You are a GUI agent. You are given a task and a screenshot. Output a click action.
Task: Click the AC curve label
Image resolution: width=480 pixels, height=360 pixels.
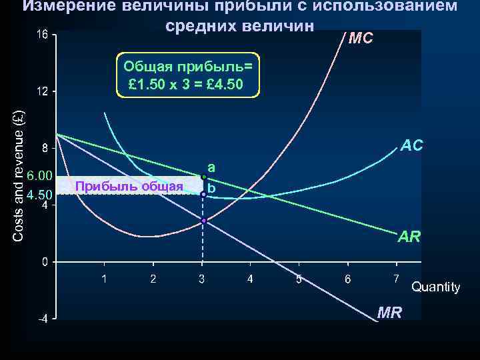click(x=411, y=145)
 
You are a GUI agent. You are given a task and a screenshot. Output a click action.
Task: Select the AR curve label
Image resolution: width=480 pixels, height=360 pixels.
click(x=409, y=235)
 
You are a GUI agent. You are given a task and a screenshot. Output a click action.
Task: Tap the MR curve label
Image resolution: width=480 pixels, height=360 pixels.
click(x=389, y=312)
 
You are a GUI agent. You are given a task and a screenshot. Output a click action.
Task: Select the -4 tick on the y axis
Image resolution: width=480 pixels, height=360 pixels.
click(x=41, y=319)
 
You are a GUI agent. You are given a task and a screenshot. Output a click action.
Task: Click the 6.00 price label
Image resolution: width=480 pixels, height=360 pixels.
click(x=39, y=175)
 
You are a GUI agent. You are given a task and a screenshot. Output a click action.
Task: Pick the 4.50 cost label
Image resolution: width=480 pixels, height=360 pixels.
click(x=39, y=194)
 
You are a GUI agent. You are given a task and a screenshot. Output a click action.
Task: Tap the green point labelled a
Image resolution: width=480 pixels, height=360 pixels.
click(x=203, y=177)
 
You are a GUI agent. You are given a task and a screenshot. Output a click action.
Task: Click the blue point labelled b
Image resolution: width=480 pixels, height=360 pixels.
click(x=203, y=194)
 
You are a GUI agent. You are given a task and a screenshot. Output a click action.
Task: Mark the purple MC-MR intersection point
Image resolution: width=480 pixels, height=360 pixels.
click(x=203, y=220)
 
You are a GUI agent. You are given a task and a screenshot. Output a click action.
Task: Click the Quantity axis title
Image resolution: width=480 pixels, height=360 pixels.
click(x=435, y=287)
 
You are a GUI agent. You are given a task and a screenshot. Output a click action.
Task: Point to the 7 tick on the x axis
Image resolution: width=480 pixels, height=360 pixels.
click(x=396, y=277)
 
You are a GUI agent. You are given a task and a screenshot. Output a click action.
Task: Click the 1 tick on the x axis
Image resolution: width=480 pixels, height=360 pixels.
click(x=104, y=278)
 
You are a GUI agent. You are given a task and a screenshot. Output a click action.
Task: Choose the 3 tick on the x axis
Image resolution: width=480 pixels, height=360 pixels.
click(x=201, y=278)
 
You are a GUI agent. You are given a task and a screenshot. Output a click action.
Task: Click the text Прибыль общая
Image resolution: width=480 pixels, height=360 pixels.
click(x=129, y=186)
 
